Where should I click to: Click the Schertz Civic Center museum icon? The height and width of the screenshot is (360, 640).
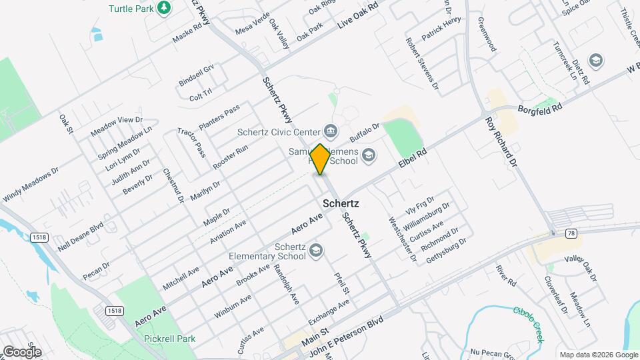click(x=329, y=129)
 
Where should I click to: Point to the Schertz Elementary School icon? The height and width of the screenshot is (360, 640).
click(x=315, y=250)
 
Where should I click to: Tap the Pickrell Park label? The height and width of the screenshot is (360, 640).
click(x=169, y=338)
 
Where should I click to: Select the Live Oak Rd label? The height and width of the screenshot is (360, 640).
click(x=358, y=15)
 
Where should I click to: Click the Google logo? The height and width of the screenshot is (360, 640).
click(x=22, y=351)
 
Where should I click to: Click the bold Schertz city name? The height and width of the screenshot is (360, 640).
click(x=341, y=203)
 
